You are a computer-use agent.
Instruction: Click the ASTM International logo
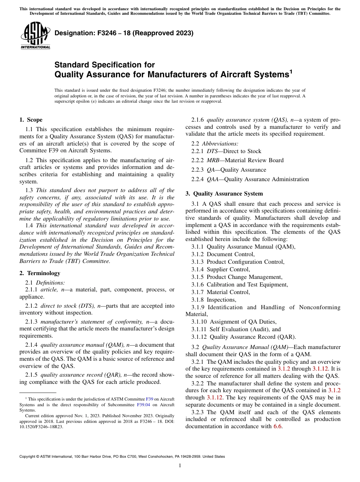coord(35,36)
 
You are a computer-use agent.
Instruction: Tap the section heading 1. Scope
coord(31,120)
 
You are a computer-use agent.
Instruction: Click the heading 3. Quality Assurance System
coord(224,194)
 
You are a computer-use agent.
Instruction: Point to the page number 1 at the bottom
coord(180,466)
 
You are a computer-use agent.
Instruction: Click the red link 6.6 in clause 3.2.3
coord(278,426)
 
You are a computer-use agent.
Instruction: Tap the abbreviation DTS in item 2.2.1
coord(212,151)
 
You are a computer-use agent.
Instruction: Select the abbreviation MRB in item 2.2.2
coord(213,160)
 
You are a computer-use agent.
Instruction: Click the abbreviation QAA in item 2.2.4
coord(213,179)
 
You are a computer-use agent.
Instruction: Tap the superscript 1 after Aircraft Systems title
coord(291,70)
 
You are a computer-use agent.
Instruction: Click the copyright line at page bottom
coord(122,457)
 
